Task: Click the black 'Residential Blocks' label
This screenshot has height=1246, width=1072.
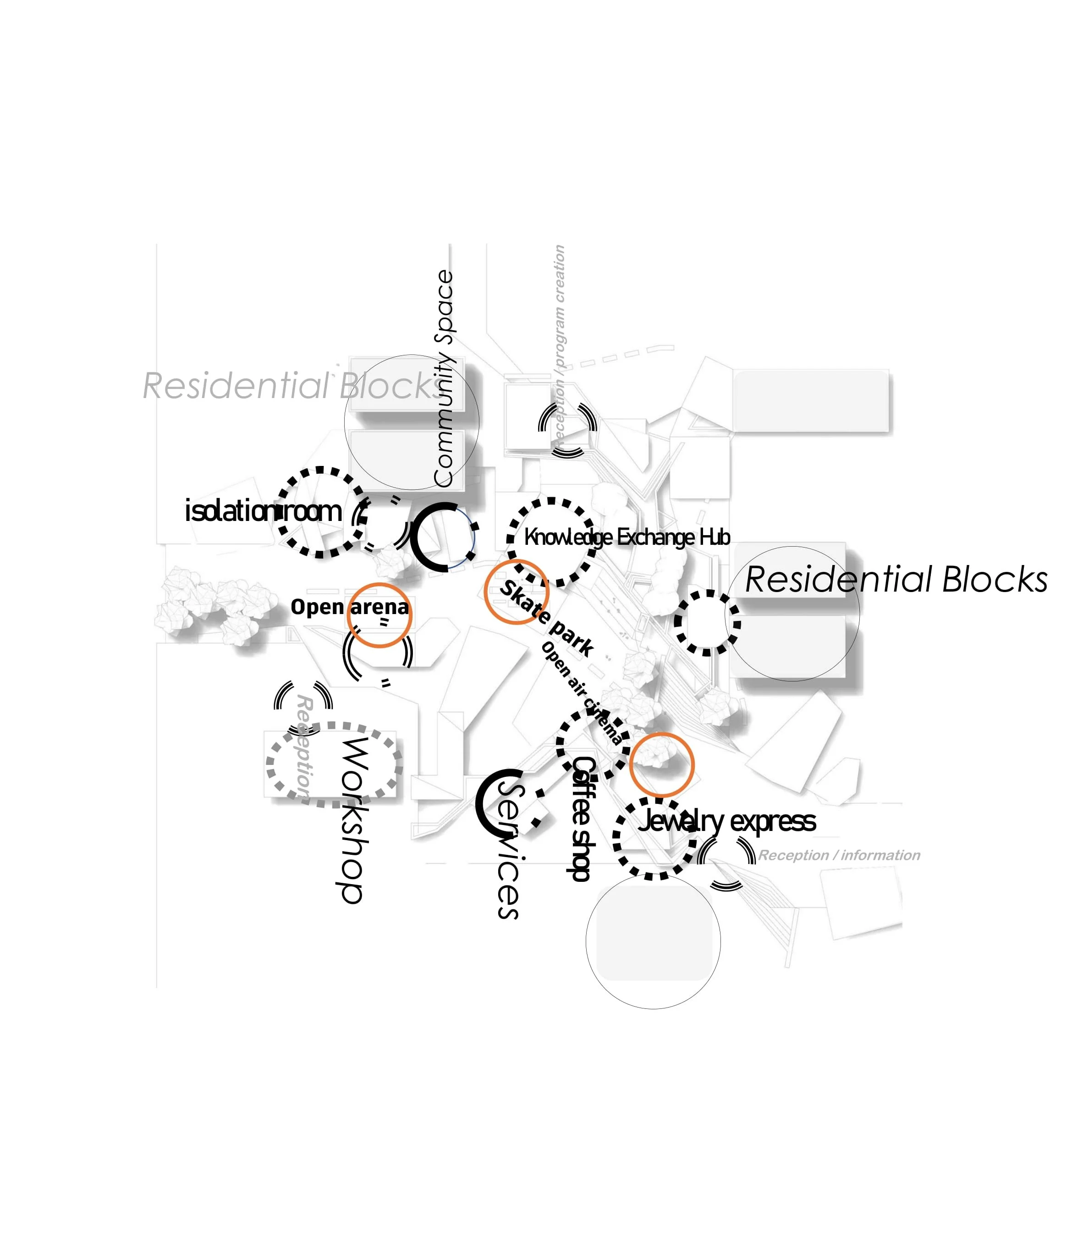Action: [x=896, y=580]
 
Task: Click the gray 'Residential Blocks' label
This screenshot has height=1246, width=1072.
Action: [x=294, y=386]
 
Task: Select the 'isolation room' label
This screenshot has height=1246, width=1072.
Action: [x=263, y=511]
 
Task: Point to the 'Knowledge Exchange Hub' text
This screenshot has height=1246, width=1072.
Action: [x=627, y=537]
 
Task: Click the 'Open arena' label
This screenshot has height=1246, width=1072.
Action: [x=349, y=607]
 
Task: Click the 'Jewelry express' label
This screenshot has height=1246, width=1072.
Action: [x=726, y=821]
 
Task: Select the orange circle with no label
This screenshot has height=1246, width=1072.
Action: [x=662, y=765]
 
